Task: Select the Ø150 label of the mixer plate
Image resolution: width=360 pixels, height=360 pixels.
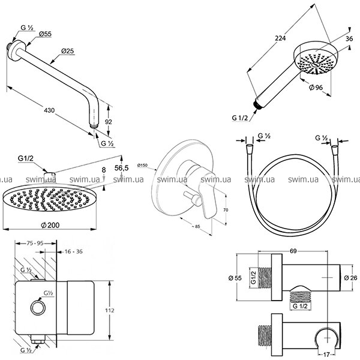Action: coord(142,164)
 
